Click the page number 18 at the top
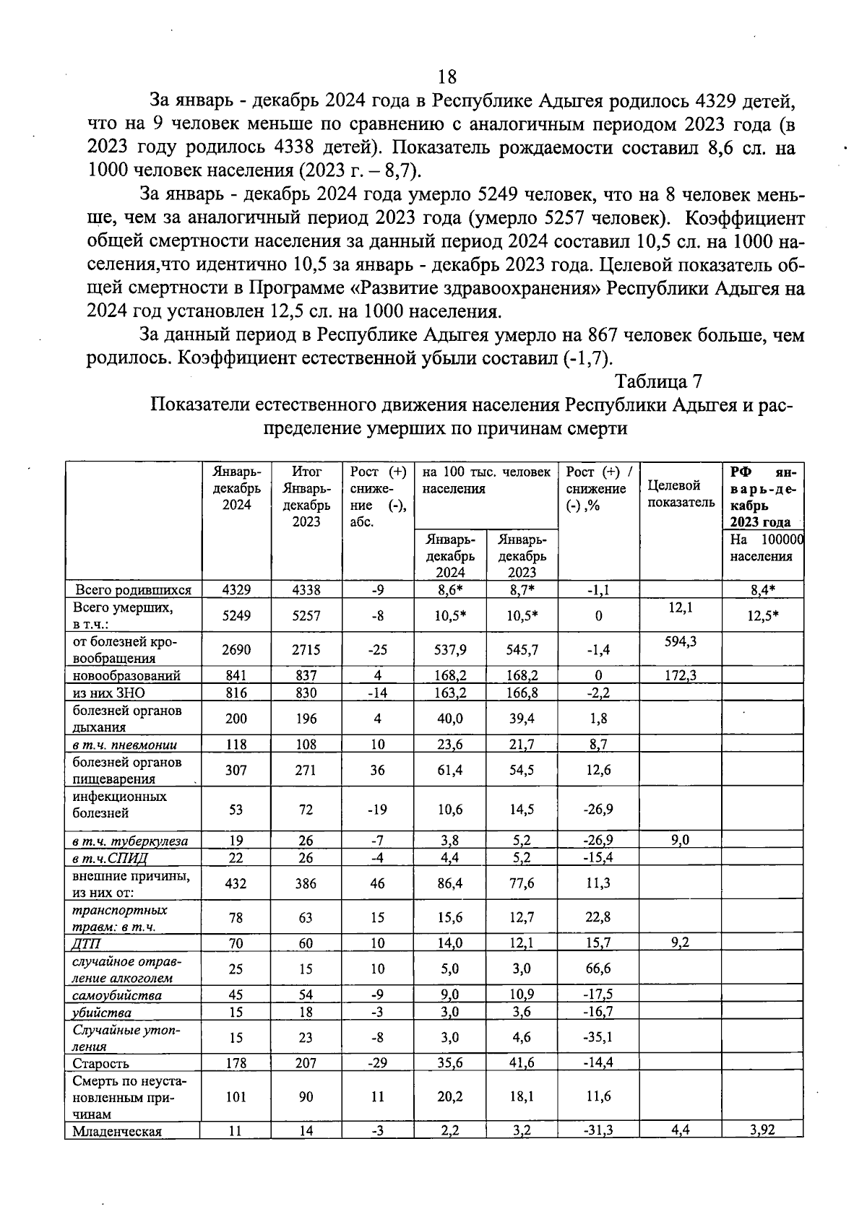pos(447,77)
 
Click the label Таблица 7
pos(658,381)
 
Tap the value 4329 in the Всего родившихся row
pos(236,589)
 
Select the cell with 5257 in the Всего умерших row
pos(306,615)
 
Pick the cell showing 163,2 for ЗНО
pos(451,693)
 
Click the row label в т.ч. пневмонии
pos(125,745)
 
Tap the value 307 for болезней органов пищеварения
pos(236,770)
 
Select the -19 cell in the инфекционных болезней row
pos(377,809)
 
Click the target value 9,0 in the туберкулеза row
pos(681,840)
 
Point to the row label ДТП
pos(87,943)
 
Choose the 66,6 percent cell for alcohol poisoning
pos(598,968)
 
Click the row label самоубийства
pos(117,995)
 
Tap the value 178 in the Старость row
pos(236,1063)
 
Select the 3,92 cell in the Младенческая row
pos(762,1130)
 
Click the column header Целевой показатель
pos(681,494)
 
